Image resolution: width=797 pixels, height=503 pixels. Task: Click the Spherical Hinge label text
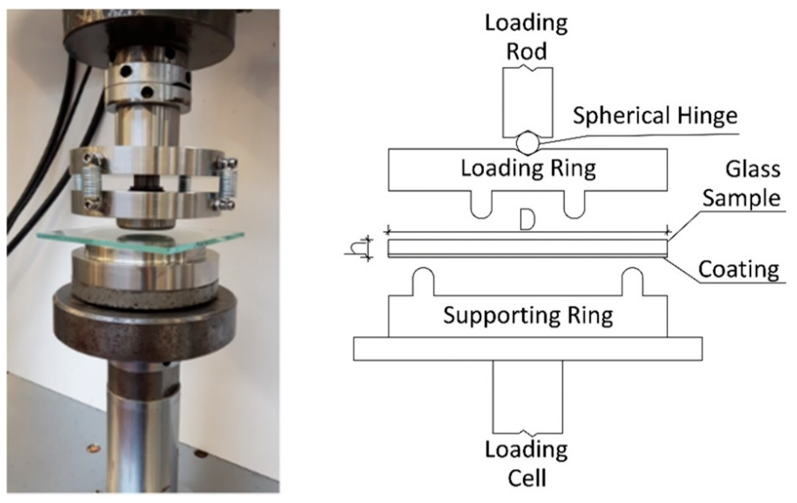655,116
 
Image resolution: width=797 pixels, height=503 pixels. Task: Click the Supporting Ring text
528,315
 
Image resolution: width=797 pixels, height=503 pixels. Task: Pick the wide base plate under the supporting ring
528,349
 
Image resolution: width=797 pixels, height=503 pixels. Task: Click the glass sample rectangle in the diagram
528,247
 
